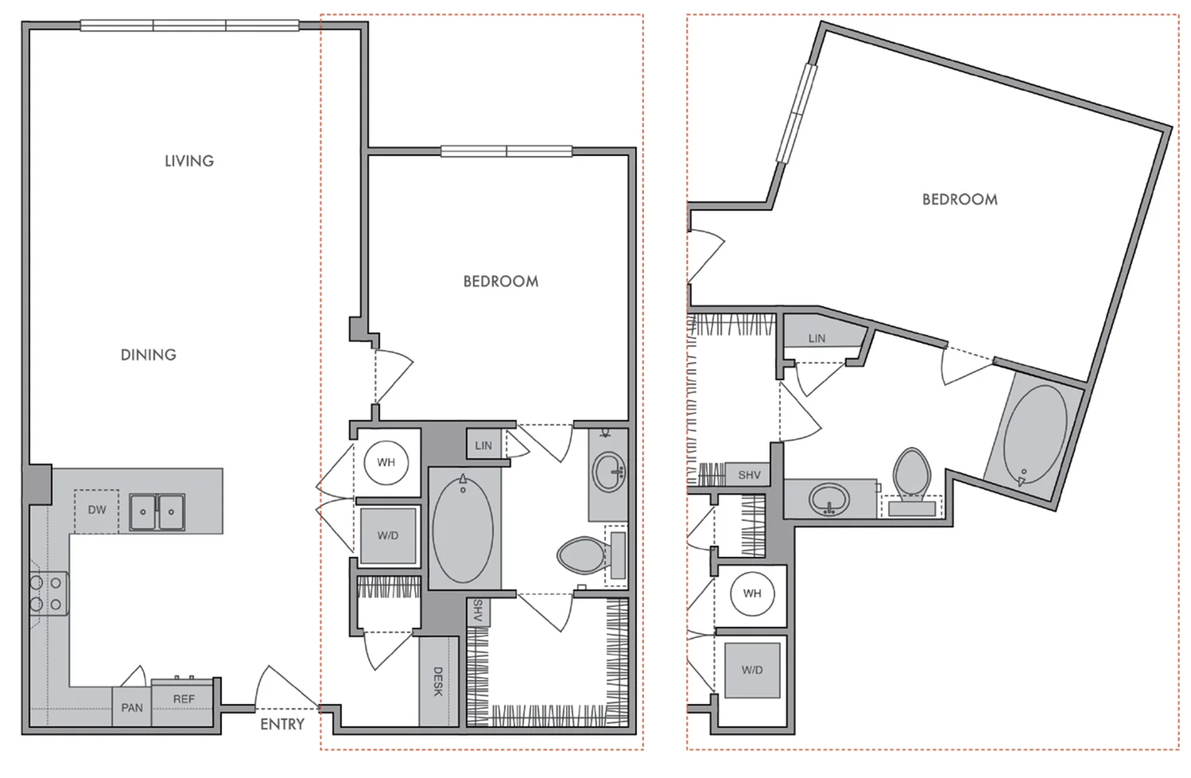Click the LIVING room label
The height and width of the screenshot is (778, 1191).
tap(189, 161)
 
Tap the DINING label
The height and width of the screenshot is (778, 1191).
tap(149, 355)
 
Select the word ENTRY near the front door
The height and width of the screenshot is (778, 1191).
tap(282, 724)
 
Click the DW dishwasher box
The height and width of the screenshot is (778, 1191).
tap(97, 510)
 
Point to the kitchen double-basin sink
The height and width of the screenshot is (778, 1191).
tap(157, 512)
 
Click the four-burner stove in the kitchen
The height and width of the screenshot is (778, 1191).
tap(46, 593)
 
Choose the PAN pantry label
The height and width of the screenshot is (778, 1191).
tap(132, 707)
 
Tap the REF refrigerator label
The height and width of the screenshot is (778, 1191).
tap(184, 699)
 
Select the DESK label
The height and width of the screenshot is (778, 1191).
tap(438, 682)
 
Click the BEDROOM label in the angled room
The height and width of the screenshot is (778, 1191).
tap(960, 200)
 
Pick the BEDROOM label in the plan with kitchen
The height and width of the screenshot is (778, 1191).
tap(501, 282)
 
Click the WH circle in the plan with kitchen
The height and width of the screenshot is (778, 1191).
tap(386, 462)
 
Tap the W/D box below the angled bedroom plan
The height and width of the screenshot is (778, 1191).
tap(752, 670)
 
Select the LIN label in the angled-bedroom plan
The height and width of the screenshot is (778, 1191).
tap(817, 338)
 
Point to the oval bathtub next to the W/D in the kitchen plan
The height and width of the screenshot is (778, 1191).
tap(463, 528)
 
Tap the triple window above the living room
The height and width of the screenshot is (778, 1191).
tap(189, 25)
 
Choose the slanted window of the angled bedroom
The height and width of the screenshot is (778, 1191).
tap(797, 114)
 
